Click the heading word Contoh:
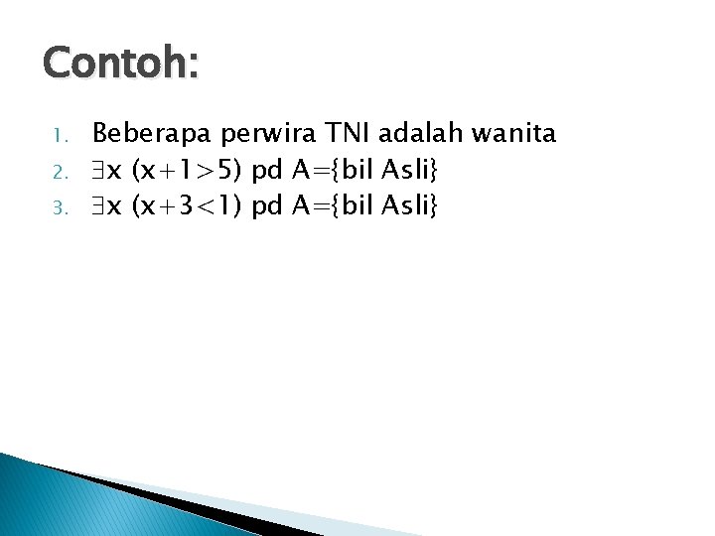point(121,63)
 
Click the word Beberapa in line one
point(154,133)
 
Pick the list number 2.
point(59,172)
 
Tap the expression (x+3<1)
point(188,206)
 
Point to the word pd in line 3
point(267,207)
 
